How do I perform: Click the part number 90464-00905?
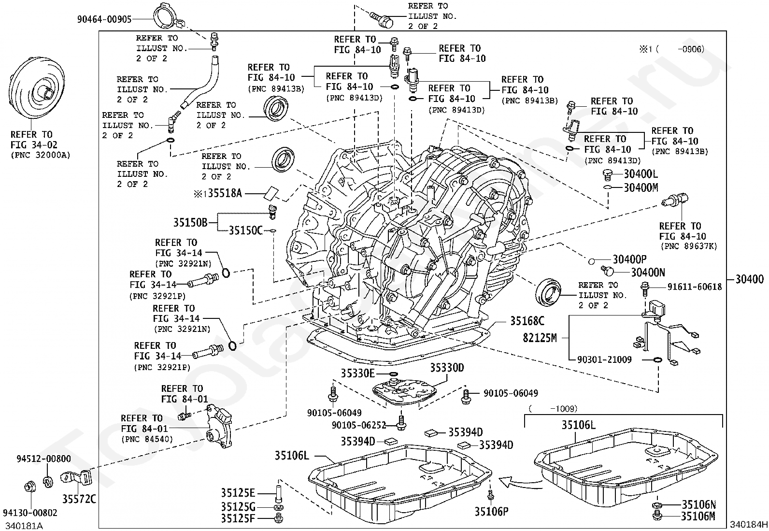pyautogui.click(x=104, y=19)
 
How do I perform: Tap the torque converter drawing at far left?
pyautogui.click(x=37, y=88)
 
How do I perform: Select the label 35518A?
pyautogui.click(x=225, y=193)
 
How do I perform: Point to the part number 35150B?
pyautogui.click(x=190, y=223)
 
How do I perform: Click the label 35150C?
pyautogui.click(x=245, y=230)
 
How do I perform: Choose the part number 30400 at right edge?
pyautogui.click(x=749, y=279)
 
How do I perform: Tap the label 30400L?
pyautogui.click(x=641, y=174)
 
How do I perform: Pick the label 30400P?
pyautogui.click(x=629, y=259)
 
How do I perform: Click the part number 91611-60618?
pyautogui.click(x=695, y=287)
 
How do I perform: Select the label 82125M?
pyautogui.click(x=540, y=338)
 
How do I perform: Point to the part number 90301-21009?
pyautogui.click(x=605, y=359)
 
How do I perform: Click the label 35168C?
pyautogui.click(x=527, y=321)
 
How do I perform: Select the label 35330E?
pyautogui.click(x=357, y=373)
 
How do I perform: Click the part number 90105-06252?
pyautogui.click(x=359, y=425)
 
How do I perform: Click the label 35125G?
pyautogui.click(x=238, y=507)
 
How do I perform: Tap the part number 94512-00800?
pyautogui.click(x=43, y=459)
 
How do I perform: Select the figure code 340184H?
pyautogui.click(x=749, y=524)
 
